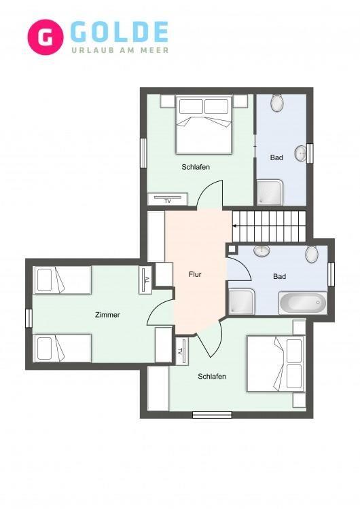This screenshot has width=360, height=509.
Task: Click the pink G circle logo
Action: tap(45, 37)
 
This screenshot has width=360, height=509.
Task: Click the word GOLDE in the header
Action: tap(120, 32)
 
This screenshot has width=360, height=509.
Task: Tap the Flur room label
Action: tap(195, 274)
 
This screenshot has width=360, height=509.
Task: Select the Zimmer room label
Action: tap(107, 314)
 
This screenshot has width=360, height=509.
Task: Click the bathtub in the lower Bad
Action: tap(303, 303)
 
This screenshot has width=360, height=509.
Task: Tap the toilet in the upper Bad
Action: tap(277, 103)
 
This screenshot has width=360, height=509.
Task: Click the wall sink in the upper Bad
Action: tap(300, 153)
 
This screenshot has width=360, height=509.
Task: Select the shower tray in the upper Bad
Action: tap(270, 193)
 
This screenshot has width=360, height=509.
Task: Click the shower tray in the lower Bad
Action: tap(242, 301)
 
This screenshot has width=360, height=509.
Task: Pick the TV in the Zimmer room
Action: tap(145, 280)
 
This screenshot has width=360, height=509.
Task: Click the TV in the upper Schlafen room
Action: tap(168, 199)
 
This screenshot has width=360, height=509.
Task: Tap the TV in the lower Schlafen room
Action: tap(182, 352)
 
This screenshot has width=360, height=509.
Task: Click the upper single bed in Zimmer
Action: tap(62, 280)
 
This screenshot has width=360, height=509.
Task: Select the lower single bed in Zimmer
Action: tap(62, 348)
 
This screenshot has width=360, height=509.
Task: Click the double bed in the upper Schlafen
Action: tap(204, 124)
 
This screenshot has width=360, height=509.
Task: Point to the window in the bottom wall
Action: tap(212, 415)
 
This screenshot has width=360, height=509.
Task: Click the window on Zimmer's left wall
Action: tap(29, 318)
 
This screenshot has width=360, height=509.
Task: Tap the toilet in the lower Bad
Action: tap(312, 254)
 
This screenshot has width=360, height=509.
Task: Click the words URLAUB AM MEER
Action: tap(120, 50)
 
